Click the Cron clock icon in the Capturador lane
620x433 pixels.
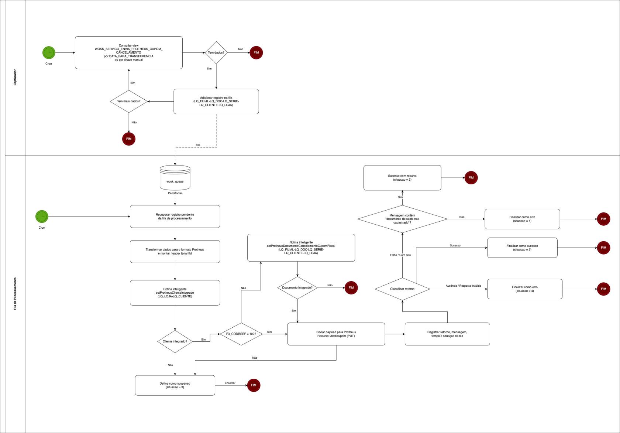tap(49, 52)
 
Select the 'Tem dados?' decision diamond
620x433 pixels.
tap(216, 52)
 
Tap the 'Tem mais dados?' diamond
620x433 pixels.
tap(128, 101)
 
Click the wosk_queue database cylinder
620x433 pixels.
tap(175, 178)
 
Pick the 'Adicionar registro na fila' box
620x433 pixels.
tap(216, 101)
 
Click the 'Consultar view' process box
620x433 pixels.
tap(128, 52)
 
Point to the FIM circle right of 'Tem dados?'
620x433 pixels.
tap(256, 52)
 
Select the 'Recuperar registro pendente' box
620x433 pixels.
tap(175, 216)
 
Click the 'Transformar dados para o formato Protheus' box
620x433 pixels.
tap(175, 252)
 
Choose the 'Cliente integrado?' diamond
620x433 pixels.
tap(175, 341)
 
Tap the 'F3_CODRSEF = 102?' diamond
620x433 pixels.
tap(241, 334)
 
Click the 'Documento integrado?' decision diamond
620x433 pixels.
tap(297, 288)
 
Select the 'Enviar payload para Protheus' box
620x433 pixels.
tap(336, 334)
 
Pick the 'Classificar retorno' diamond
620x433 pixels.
tap(402, 289)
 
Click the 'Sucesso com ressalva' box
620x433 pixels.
tap(402, 178)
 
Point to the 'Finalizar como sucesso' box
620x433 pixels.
tap(522, 248)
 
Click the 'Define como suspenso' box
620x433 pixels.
tap(175, 385)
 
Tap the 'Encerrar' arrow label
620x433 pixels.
tap(230, 383)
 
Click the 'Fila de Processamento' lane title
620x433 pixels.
tap(15, 294)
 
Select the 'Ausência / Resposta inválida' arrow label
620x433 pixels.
tap(463, 286)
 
